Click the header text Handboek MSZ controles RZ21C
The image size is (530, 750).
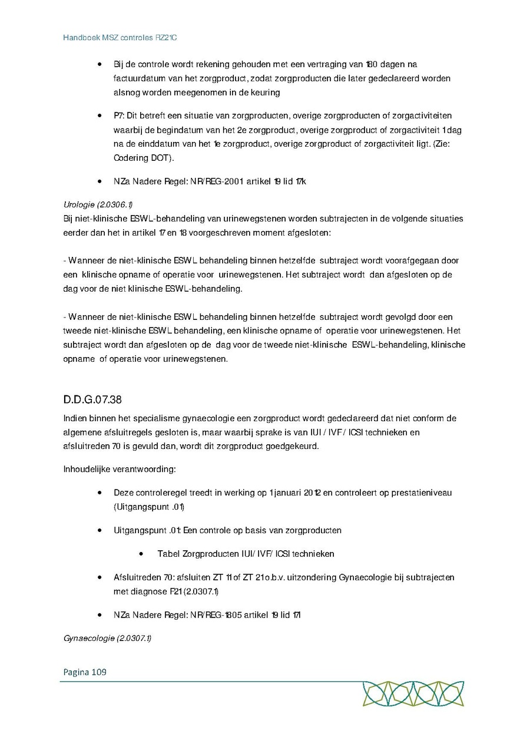click(x=120, y=38)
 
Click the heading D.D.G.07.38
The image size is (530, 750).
click(x=92, y=399)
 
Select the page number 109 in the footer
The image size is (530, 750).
click(x=99, y=672)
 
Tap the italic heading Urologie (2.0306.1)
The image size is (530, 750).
click(x=98, y=204)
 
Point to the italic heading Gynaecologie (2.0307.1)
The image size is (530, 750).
click(x=107, y=638)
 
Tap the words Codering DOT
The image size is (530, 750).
click(x=138, y=158)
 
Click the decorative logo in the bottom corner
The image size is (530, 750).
click(x=413, y=693)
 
